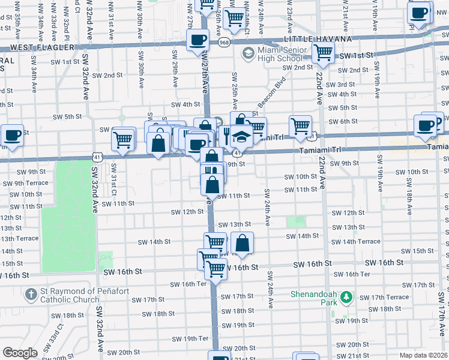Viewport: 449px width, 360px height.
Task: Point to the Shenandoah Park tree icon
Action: point(345,296)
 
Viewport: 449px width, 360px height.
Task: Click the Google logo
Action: point(20,353)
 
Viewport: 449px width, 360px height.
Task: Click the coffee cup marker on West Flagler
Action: point(197,40)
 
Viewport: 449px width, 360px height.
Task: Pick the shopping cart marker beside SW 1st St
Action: point(323,52)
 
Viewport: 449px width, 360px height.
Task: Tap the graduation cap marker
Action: point(241,137)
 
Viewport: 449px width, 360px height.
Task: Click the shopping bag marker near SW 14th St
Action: point(242,244)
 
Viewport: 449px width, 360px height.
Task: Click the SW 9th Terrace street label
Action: point(23,183)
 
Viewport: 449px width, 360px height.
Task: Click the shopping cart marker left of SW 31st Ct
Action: point(123,140)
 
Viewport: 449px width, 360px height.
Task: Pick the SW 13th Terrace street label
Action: point(19,238)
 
